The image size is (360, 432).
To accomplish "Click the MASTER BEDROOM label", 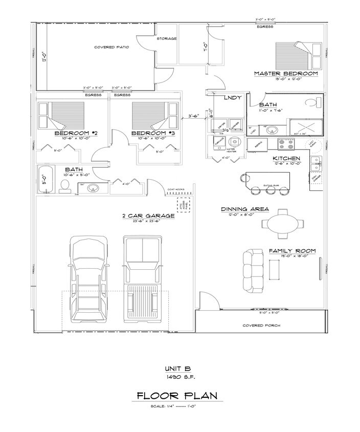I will (x=286, y=74).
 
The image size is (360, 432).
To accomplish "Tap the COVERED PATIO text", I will (x=111, y=47).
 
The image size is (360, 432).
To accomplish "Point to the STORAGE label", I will (x=166, y=39).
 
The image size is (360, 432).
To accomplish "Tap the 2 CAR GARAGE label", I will (x=148, y=215).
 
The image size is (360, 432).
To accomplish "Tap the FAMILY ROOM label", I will (x=292, y=251).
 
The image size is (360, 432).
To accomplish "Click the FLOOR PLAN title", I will (x=176, y=396).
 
